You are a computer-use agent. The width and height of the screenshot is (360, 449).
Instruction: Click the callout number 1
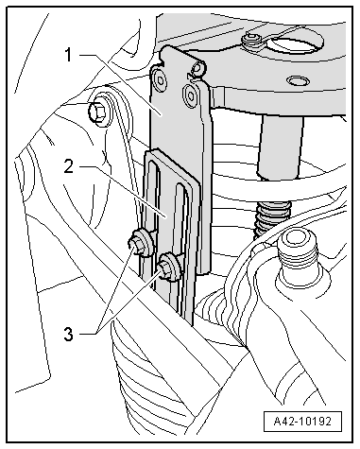coord(69,56)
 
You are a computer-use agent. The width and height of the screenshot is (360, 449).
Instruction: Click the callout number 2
coord(69,166)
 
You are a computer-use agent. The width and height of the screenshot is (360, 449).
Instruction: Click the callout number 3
coord(69,335)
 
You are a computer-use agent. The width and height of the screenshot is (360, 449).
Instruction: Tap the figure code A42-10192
coord(302,422)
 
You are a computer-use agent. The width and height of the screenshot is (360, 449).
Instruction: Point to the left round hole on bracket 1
coord(160,80)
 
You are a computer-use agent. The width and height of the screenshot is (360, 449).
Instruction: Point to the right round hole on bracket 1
coord(192,94)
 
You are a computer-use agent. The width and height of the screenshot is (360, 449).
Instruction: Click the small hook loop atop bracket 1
coord(197,70)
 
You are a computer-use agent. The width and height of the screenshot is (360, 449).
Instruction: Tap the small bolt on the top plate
coord(251,41)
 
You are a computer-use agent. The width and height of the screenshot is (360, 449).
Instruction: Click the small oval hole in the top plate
coord(297,81)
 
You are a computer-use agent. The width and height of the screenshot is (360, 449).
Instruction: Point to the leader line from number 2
coord(122,191)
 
